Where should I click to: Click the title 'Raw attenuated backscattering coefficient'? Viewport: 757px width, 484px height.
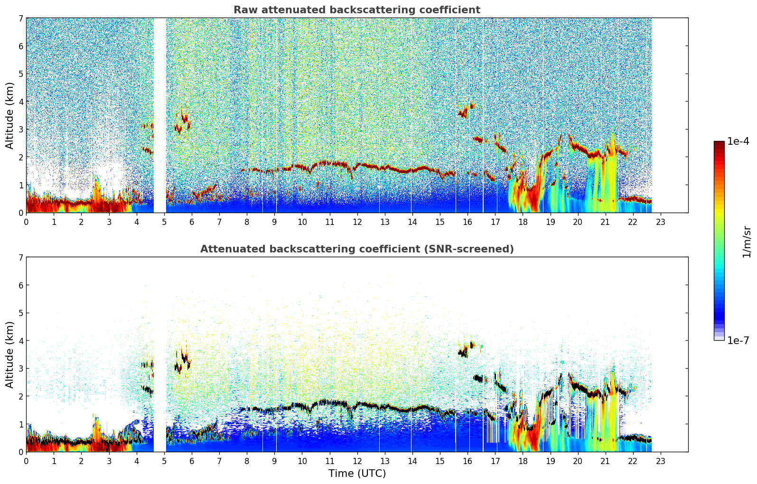pyautogui.click(x=356, y=10)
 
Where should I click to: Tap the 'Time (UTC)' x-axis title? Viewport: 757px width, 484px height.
pyautogui.click(x=357, y=474)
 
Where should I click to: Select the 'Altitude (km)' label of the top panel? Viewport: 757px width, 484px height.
pyautogui.click(x=10, y=115)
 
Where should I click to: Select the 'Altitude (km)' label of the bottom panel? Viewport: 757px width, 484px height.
pyautogui.click(x=10, y=354)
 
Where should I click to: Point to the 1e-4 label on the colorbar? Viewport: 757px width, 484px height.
pyautogui.click(x=738, y=141)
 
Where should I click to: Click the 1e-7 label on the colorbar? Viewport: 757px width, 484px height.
pyautogui.click(x=738, y=340)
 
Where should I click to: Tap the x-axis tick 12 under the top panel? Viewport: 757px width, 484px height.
pyautogui.click(x=357, y=222)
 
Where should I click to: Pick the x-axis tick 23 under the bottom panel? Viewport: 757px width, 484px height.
pyautogui.click(x=660, y=461)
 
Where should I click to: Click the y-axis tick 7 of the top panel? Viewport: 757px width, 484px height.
pyautogui.click(x=21, y=18)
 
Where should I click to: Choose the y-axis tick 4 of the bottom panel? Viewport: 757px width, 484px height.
pyautogui.click(x=21, y=341)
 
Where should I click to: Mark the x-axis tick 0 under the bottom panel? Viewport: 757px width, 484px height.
pyautogui.click(x=26, y=461)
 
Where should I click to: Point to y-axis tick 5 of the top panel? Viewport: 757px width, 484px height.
pyautogui.click(x=21, y=74)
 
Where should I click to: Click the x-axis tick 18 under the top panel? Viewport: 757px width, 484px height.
pyautogui.click(x=523, y=222)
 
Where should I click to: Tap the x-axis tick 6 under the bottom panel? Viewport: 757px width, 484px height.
pyautogui.click(x=192, y=461)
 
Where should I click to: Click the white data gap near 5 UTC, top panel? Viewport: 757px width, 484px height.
pyautogui.click(x=160, y=114)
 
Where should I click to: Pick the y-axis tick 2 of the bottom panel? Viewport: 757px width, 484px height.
pyautogui.click(x=21, y=396)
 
